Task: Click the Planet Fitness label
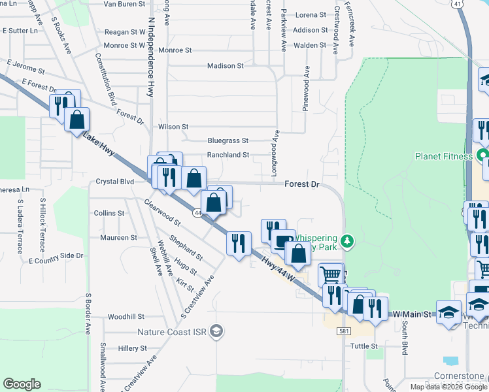[x=443, y=156]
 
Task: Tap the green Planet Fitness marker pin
[x=483, y=156]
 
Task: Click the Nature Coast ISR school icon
[x=216, y=332]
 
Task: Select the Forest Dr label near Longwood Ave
[x=301, y=185]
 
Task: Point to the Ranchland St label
[x=228, y=155]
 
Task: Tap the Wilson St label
[x=173, y=126]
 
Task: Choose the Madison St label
[x=226, y=66]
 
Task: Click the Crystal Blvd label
[x=115, y=182]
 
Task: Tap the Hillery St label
[x=133, y=349]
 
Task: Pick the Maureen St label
[x=119, y=238]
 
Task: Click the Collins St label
[x=109, y=213]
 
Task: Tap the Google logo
[x=22, y=384]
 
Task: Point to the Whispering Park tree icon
[x=348, y=242]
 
